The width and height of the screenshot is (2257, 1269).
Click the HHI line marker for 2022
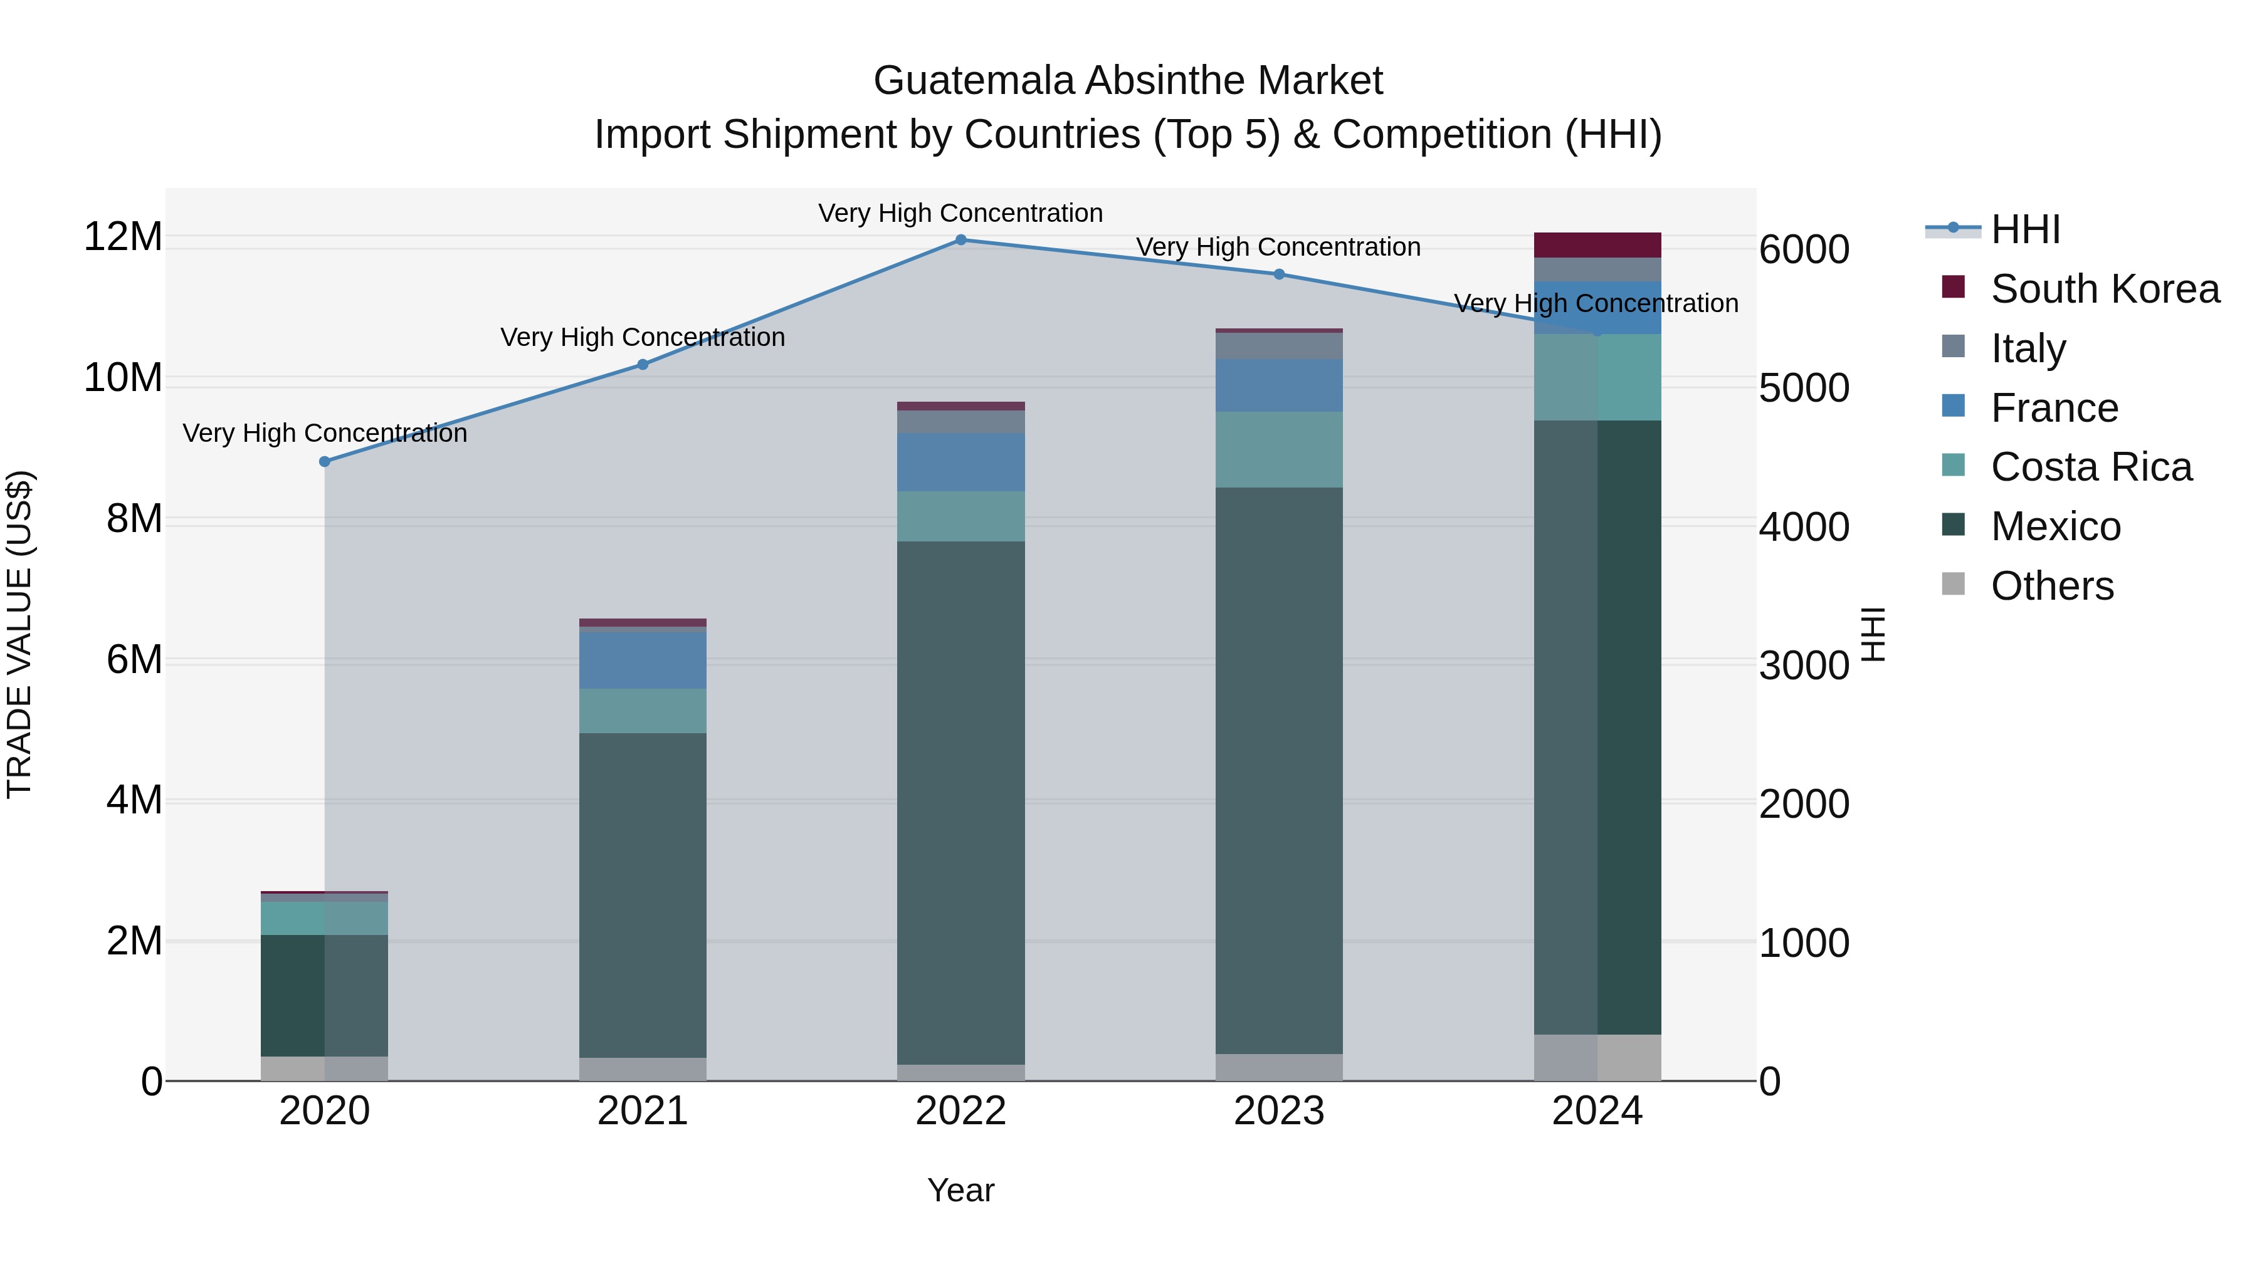pyautogui.click(x=960, y=240)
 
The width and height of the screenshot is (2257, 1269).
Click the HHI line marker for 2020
pyautogui.click(x=325, y=461)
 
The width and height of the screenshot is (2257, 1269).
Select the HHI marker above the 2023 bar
pyautogui.click(x=1278, y=274)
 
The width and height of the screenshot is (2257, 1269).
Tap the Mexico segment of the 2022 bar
pyautogui.click(x=960, y=802)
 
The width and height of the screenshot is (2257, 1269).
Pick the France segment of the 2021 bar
pyautogui.click(x=642, y=661)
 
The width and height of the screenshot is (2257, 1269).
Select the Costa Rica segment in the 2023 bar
pyautogui.click(x=1278, y=449)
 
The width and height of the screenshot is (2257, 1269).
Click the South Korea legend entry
pyautogui.click(x=2103, y=289)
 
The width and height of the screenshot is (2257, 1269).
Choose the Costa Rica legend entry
pyautogui.click(x=2090, y=467)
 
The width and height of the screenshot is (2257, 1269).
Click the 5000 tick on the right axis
pyautogui.click(x=1804, y=388)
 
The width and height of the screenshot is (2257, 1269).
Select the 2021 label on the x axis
pyautogui.click(x=642, y=1111)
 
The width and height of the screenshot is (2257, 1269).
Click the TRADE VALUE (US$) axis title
pyautogui.click(x=19, y=634)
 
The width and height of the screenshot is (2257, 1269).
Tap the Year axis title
pyautogui.click(x=960, y=1190)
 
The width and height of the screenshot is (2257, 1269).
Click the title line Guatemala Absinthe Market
pyautogui.click(x=1128, y=81)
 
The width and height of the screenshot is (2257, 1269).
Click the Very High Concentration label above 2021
pyautogui.click(x=642, y=337)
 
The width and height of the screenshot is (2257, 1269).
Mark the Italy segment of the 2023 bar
pyautogui.click(x=1278, y=346)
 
